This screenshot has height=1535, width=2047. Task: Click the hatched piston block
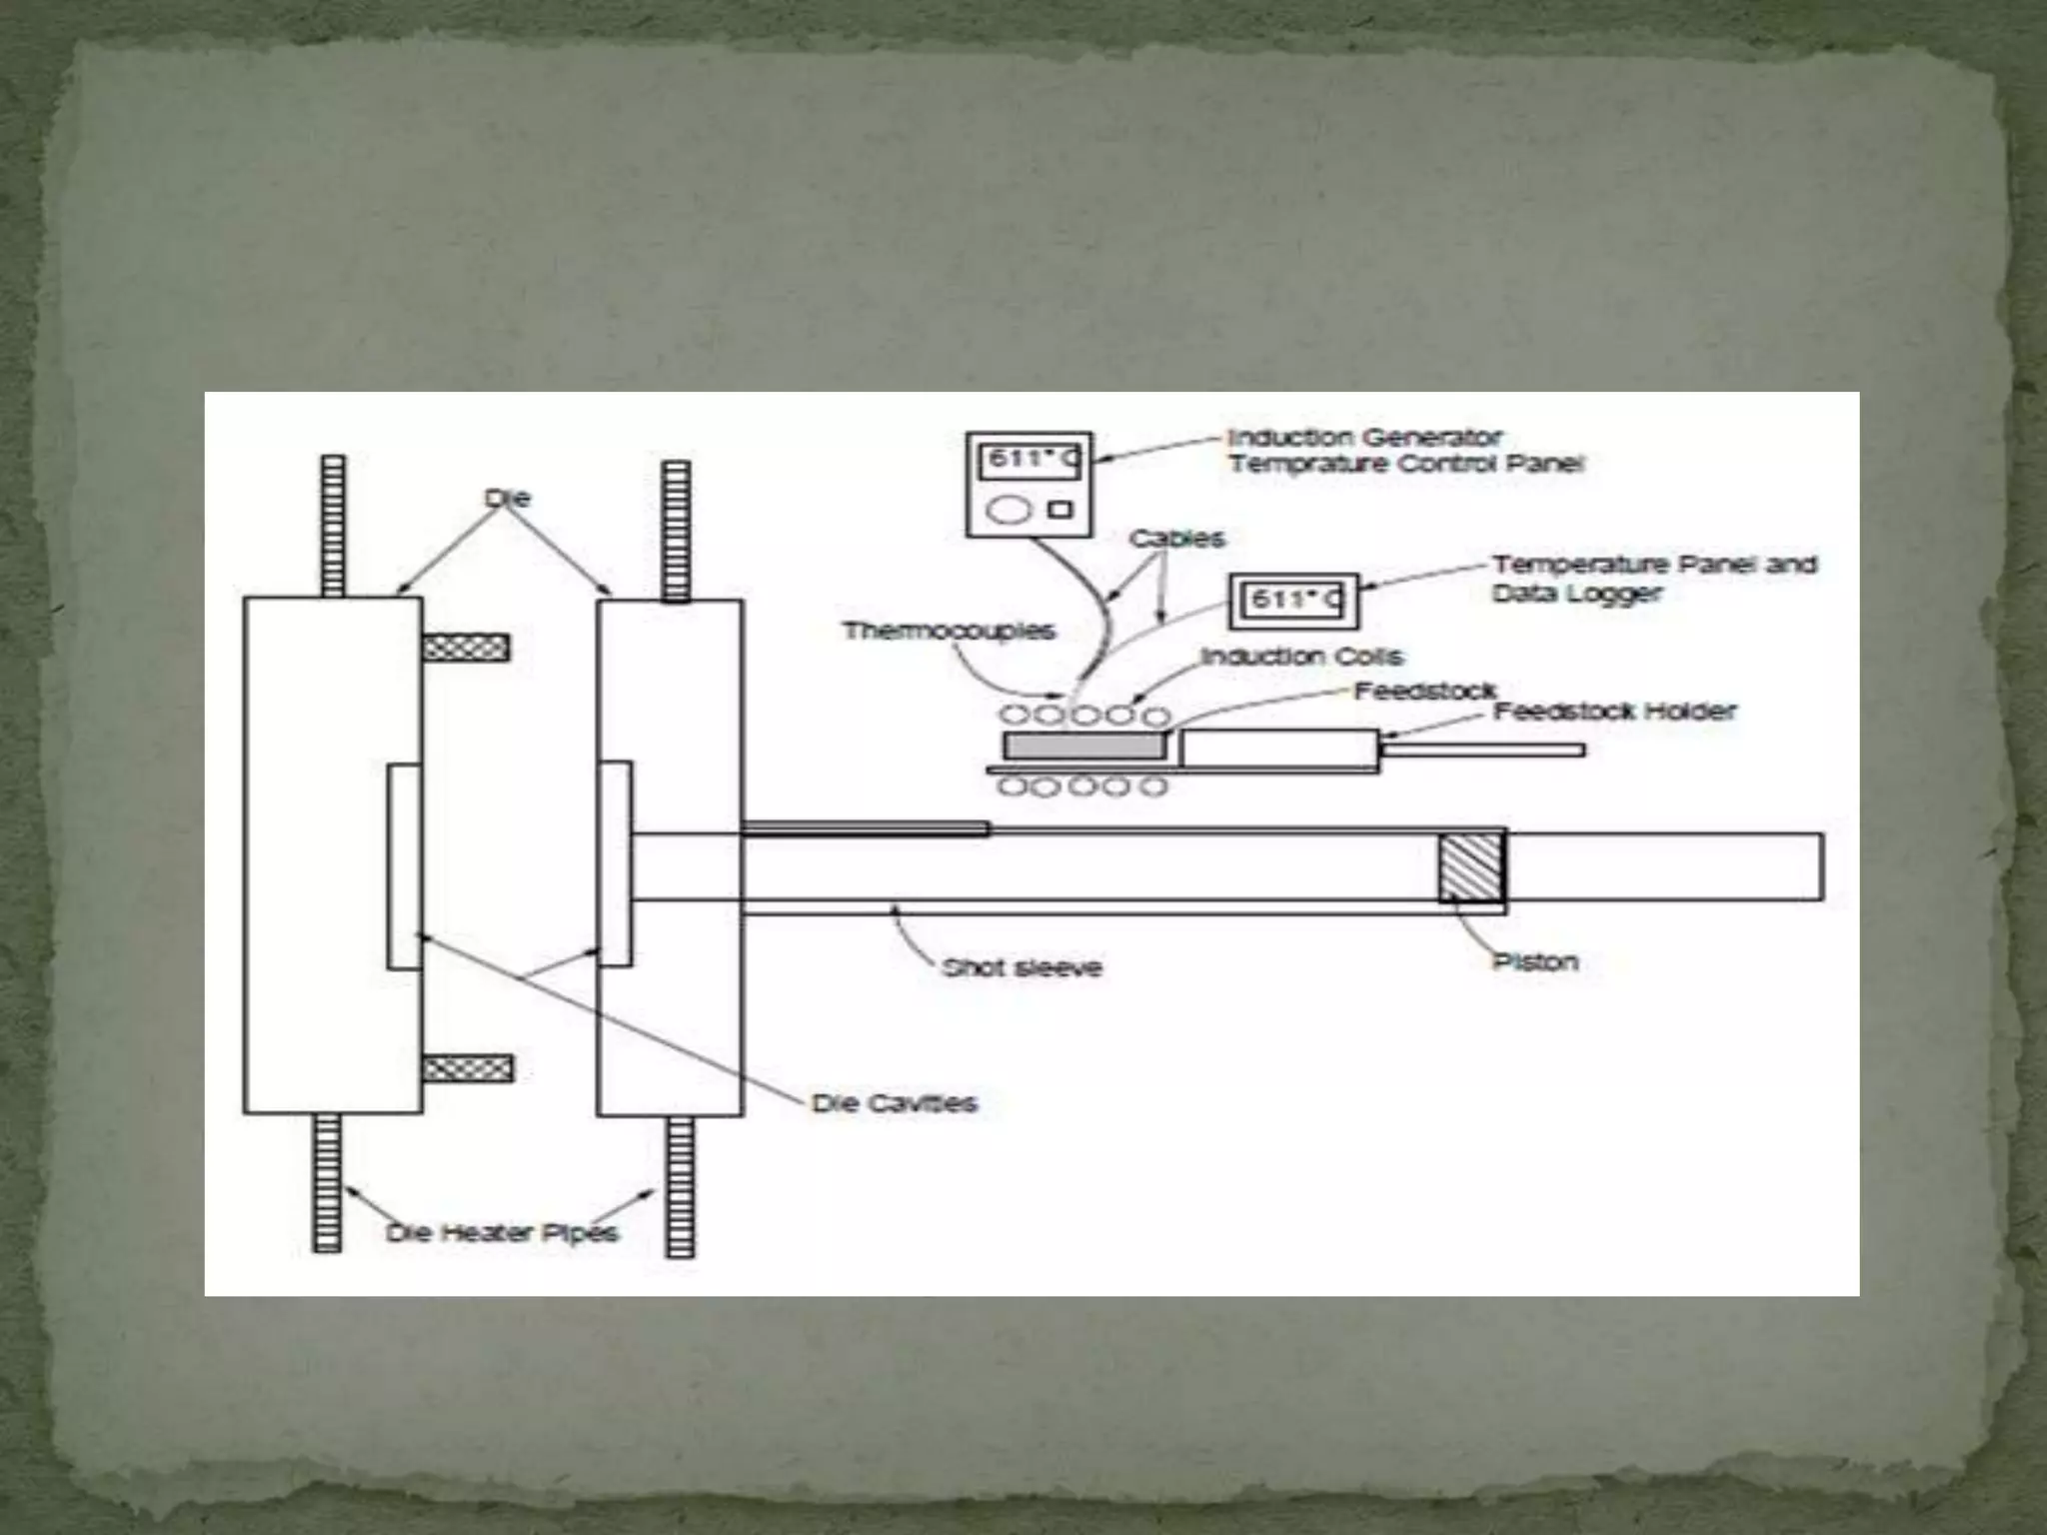[x=1471, y=867]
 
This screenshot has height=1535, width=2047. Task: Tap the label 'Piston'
[x=1534, y=961]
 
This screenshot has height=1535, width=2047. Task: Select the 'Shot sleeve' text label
[x=1022, y=967]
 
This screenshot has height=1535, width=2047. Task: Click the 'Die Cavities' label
[x=894, y=1103]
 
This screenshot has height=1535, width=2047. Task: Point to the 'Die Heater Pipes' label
[x=502, y=1232]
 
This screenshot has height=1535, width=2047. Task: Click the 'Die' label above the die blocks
[x=507, y=498]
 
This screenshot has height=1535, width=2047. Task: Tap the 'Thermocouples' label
[x=949, y=631]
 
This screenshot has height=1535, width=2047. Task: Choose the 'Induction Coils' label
[x=1301, y=657]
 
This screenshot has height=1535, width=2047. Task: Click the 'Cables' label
[x=1176, y=539]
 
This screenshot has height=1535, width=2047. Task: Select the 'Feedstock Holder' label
[x=1614, y=712]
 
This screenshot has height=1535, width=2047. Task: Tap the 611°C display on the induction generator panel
[x=1028, y=461]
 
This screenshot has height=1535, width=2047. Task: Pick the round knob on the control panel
[x=1009, y=510]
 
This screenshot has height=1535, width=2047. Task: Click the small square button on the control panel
[x=1059, y=510]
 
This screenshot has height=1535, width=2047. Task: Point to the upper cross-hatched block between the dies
[x=466, y=648]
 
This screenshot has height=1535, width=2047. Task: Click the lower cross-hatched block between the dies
[x=468, y=1069]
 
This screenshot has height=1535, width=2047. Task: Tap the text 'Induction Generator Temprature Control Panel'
[x=1404, y=451]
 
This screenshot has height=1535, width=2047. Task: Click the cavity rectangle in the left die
[x=404, y=866]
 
